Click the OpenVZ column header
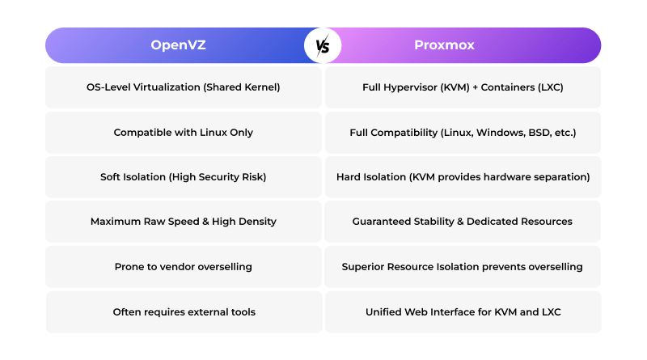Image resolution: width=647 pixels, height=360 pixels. point(178,45)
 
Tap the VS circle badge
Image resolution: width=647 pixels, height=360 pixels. point(323,45)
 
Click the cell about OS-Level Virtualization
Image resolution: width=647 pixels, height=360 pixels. point(184,87)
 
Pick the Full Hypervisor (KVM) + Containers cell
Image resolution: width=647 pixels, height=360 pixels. point(463,87)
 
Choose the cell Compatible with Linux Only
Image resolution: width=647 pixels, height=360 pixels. point(184,132)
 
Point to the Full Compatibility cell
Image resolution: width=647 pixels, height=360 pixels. point(463,132)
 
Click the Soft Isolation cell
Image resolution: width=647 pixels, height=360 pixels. point(184,176)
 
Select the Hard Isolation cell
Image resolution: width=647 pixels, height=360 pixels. point(463,176)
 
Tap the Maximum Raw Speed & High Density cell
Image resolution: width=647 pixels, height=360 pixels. point(184,221)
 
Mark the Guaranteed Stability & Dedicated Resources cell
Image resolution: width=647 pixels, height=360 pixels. point(463,221)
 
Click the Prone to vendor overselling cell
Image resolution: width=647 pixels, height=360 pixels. point(184,266)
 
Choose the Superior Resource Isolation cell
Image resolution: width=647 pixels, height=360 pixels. point(463,266)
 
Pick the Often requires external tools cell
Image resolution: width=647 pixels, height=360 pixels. point(184,311)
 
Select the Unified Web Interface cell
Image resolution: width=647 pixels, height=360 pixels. point(463,311)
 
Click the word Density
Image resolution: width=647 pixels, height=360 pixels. point(256,221)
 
